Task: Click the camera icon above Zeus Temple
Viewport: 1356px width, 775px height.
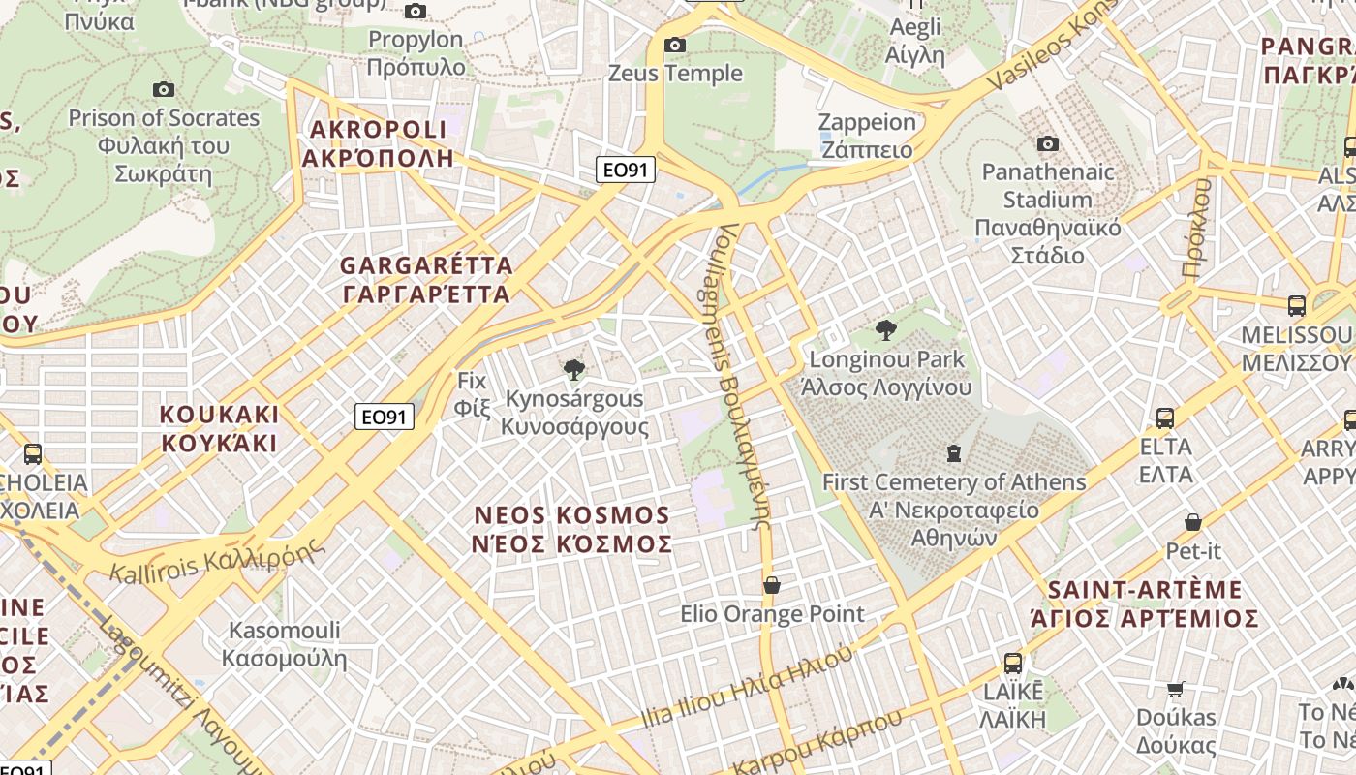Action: click(x=675, y=45)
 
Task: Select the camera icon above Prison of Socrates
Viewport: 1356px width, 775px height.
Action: click(x=163, y=90)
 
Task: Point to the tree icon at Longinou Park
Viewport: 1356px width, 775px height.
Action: click(x=885, y=330)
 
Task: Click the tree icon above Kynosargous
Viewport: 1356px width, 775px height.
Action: click(x=574, y=369)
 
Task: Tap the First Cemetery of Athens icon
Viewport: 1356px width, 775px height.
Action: click(x=954, y=452)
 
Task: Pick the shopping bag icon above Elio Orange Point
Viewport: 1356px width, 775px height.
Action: click(x=772, y=585)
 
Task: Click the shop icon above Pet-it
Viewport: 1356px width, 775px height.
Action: click(x=1193, y=522)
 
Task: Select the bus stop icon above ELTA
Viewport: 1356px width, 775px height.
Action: click(x=1165, y=418)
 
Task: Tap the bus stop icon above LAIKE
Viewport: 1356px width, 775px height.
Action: click(x=1013, y=664)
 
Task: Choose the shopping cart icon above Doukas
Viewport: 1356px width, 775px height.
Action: click(x=1176, y=689)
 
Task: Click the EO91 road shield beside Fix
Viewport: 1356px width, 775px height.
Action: click(x=385, y=418)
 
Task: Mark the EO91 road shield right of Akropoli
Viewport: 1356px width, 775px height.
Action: click(x=625, y=170)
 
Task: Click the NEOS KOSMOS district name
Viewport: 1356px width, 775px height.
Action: click(x=571, y=529)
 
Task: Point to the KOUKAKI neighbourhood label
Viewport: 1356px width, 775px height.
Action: click(x=219, y=428)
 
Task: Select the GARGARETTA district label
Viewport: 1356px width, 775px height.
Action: click(x=426, y=279)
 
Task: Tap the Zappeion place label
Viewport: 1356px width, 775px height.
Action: click(x=867, y=136)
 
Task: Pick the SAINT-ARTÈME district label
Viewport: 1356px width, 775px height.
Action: click(x=1145, y=604)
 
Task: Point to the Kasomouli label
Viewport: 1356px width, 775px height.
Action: click(x=284, y=644)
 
